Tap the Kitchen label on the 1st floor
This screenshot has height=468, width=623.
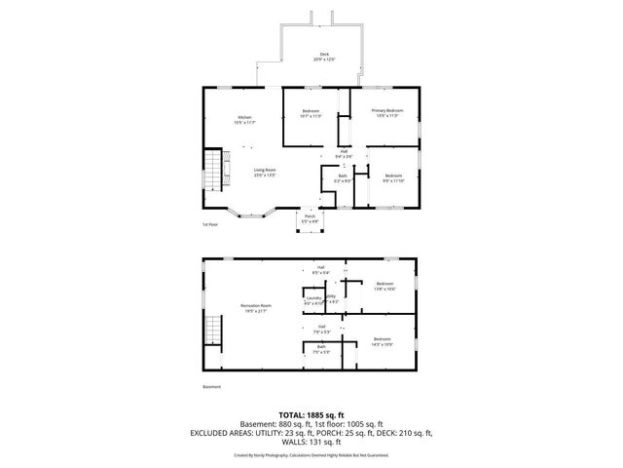[x=242, y=120]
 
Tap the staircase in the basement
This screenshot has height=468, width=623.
[x=212, y=332]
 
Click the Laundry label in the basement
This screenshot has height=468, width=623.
[x=312, y=299]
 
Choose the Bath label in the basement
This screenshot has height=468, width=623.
[x=320, y=348]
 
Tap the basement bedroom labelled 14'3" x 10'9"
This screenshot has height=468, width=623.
[x=381, y=341]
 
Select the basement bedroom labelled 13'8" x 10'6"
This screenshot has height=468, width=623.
[x=385, y=286]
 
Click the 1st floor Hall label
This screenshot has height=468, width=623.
[x=343, y=152]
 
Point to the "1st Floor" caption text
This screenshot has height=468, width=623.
[x=209, y=225]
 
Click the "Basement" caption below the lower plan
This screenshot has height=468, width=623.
[x=211, y=387]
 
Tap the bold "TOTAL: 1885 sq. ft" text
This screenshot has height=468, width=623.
[x=311, y=414]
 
